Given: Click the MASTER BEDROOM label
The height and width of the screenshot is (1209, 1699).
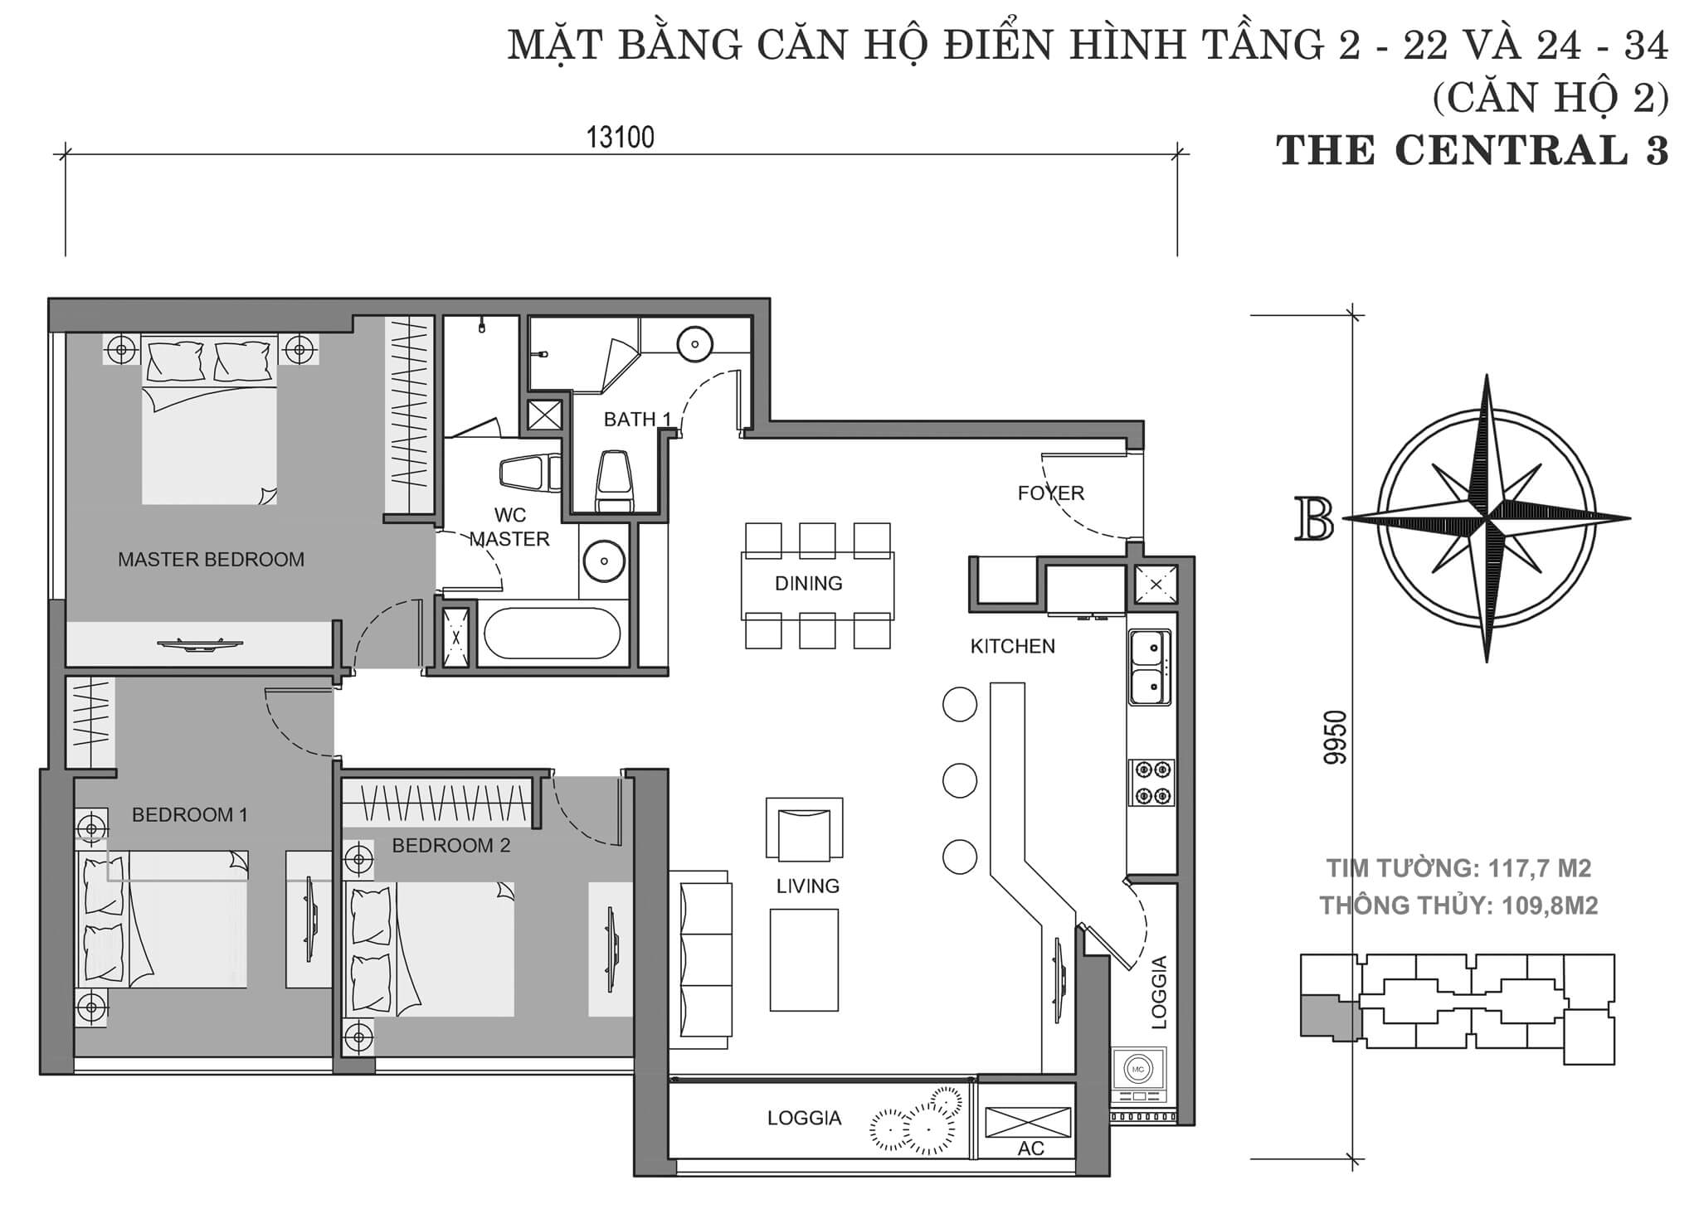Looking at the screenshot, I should pos(211,560).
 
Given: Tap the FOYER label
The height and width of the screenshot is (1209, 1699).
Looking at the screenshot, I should pos(1050,493).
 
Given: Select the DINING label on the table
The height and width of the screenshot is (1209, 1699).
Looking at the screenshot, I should pos(808,584).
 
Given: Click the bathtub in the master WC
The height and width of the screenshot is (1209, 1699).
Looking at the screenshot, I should pos(552,634).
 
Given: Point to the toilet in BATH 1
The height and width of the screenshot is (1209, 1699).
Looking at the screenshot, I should pos(614,481).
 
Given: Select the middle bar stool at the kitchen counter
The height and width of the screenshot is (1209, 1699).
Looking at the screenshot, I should pos(960,780).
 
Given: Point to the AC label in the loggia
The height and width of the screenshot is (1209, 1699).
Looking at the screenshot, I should pos(1030,1148).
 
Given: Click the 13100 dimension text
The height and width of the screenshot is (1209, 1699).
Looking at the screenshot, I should pos(621,138).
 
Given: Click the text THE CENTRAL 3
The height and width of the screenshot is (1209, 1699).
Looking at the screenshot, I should pos(1473,152).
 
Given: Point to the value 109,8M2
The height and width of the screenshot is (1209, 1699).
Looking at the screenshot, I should pos(1550,906).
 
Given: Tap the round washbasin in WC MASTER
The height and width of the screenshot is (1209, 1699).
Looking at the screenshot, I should pos(604,561).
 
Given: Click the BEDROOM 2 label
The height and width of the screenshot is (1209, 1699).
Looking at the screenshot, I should pos(450,846).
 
